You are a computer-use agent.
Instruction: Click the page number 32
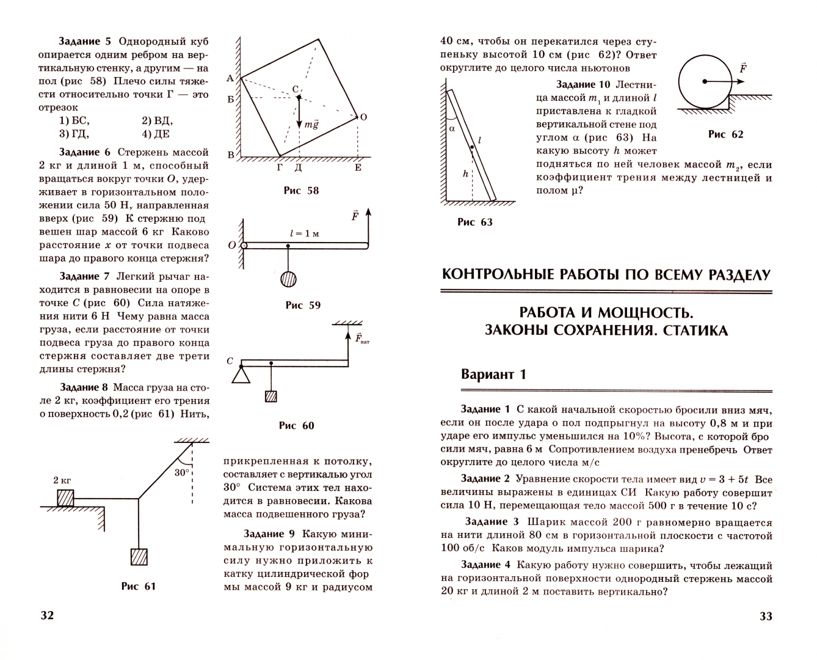(x=47, y=615)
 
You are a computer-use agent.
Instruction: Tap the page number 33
(x=766, y=616)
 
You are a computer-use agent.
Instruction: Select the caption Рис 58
(x=301, y=191)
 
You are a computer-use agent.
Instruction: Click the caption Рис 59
(x=303, y=305)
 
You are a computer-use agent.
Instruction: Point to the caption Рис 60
(x=296, y=425)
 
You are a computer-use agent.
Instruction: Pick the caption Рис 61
(x=139, y=586)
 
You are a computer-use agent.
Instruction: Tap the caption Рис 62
(x=725, y=134)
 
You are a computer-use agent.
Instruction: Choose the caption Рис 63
(x=474, y=222)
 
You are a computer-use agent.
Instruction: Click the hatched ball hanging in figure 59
(x=288, y=279)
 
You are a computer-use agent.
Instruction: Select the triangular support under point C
(x=241, y=373)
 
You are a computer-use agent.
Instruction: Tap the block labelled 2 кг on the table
(x=65, y=497)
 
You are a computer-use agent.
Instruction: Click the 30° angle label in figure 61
(x=182, y=472)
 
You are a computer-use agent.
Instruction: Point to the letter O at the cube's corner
(x=363, y=117)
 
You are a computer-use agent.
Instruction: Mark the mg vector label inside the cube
(x=311, y=124)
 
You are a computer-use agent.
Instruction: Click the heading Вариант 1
(x=493, y=375)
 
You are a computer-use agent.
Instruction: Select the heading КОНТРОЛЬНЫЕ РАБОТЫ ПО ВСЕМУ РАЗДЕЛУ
(x=606, y=274)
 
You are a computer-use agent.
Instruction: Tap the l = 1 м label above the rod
(x=305, y=233)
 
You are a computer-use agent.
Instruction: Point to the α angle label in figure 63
(x=452, y=128)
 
